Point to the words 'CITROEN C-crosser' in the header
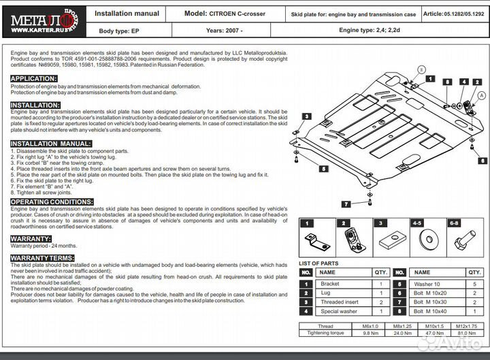point(238,14)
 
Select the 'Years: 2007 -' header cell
point(224,31)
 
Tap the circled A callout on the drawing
point(483,96)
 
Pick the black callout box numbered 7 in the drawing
point(346,204)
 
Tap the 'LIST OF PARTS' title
point(319,263)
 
